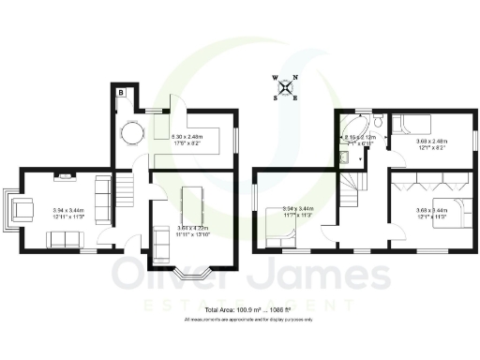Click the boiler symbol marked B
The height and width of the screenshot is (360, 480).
121,92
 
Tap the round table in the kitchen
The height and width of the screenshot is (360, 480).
132,134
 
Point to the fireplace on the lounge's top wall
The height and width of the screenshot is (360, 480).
64,174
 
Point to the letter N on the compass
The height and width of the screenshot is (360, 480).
295,79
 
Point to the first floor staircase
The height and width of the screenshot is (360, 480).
353,191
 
